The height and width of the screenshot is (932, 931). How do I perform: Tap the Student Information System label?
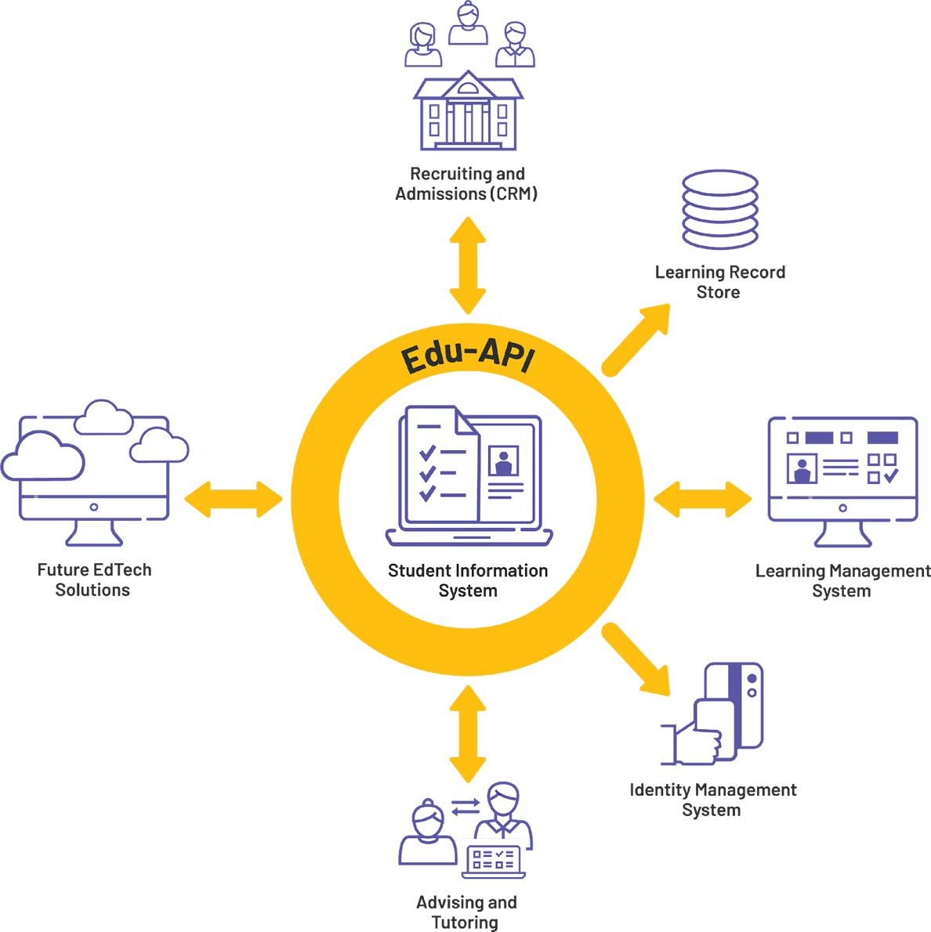coord(468,580)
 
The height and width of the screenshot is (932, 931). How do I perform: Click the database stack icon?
coord(719,209)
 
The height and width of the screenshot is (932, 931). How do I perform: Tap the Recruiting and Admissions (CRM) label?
coord(467,184)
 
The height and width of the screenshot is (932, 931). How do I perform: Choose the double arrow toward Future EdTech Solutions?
coord(234,499)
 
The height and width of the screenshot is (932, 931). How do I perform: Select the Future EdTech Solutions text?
coord(93,580)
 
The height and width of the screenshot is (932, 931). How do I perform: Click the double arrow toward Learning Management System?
coord(702,500)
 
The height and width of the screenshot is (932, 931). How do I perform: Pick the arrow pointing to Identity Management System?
coord(636,660)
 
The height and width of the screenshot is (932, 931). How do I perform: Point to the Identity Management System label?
coord(712,800)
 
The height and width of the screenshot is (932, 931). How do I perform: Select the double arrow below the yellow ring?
coord(468,734)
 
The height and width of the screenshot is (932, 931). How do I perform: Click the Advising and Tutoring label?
coord(465,912)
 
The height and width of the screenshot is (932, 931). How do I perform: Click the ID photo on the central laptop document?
coord(502,461)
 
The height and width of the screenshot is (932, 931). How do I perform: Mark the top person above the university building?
coord(469,23)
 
